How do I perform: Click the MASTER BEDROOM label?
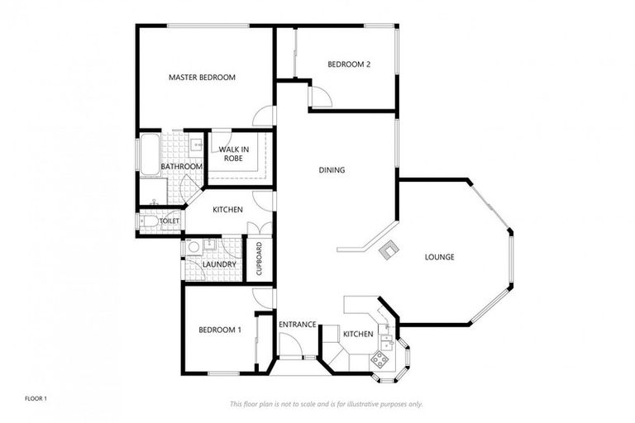pyautogui.click(x=202, y=78)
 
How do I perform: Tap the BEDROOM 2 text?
pyautogui.click(x=348, y=64)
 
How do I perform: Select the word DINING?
pyautogui.click(x=332, y=170)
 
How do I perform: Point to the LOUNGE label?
pyautogui.click(x=439, y=257)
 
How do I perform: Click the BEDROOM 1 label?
pyautogui.click(x=220, y=330)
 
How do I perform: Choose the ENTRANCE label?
pyautogui.click(x=297, y=325)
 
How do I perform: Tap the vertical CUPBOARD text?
pyautogui.click(x=259, y=259)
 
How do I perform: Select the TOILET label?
pyautogui.click(x=169, y=221)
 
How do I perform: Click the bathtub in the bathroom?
pyautogui.click(x=149, y=155)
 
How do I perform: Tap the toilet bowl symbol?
pyautogui.click(x=148, y=221)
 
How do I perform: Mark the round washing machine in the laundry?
pyautogui.click(x=193, y=247)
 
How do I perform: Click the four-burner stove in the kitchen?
pyautogui.click(x=380, y=359)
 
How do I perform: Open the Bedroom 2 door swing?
pyautogui.click(x=320, y=97)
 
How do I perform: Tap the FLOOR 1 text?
pyautogui.click(x=36, y=399)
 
